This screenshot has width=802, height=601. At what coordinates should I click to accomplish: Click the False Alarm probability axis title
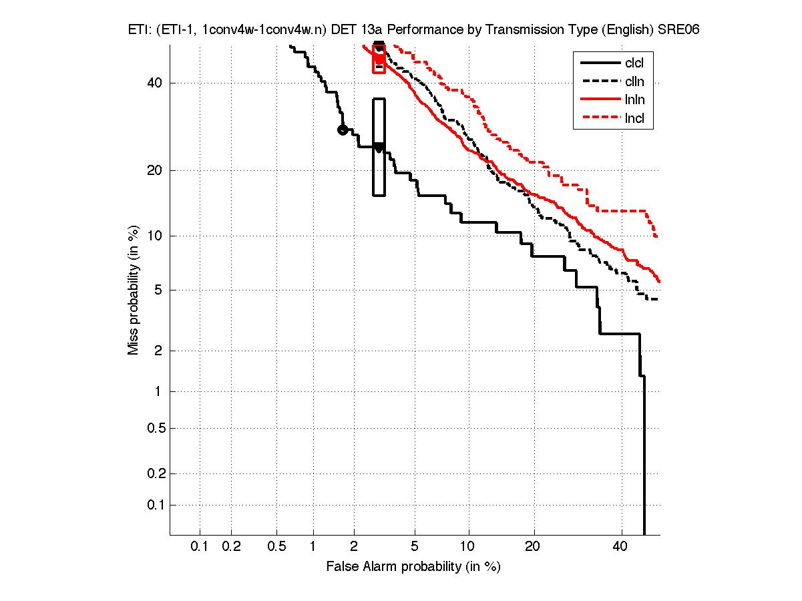413,567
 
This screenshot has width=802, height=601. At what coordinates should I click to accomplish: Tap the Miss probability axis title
134,290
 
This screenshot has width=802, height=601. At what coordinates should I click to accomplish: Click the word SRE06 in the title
678,31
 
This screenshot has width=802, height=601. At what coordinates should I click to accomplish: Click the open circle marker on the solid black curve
342,130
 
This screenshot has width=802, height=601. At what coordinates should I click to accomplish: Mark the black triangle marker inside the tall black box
379,148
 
